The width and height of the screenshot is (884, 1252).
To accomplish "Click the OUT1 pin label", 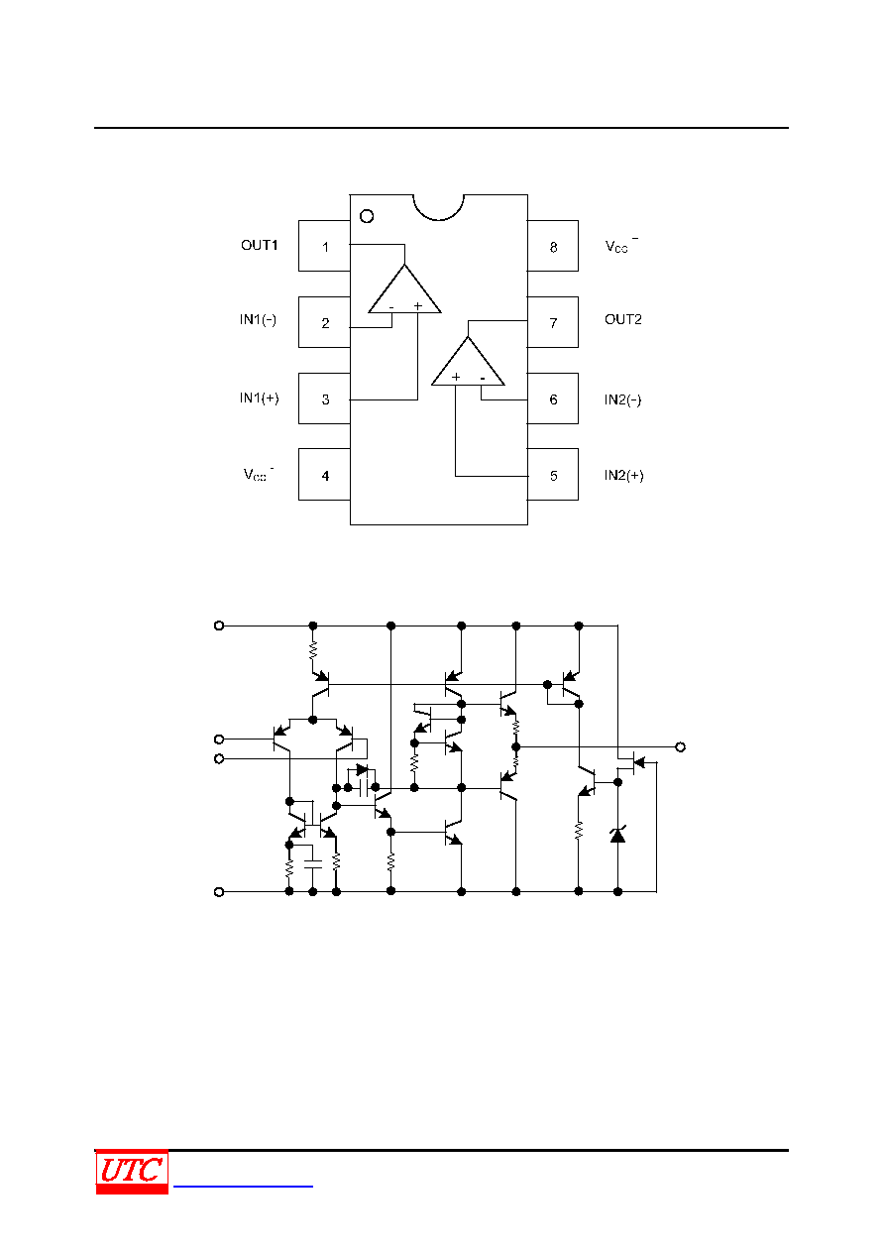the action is point(260,245).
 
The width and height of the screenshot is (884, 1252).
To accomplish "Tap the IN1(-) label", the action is point(258,320).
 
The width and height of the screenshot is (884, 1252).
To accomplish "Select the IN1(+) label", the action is point(260,398).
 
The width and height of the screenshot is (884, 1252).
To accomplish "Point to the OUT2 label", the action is point(623,319).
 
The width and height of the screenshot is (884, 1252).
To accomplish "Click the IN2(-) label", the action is point(622,399).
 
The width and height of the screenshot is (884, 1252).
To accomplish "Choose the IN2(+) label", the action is point(623,475).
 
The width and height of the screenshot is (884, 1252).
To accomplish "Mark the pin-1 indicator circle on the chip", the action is point(367,210).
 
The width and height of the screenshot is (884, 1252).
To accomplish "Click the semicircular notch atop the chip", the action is point(439,220).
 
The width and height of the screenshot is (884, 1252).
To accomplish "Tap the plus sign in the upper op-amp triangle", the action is point(418,305).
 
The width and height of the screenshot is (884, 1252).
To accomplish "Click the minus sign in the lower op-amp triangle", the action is point(483,379).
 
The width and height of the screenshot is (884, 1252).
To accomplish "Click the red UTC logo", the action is point(132,1172).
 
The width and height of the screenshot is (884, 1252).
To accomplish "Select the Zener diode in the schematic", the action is point(617,835).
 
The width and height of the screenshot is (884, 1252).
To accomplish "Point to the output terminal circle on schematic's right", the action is point(680,746).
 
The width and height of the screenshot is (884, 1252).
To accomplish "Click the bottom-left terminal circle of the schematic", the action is point(219,892).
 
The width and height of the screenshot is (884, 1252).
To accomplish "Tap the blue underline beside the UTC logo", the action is point(243,1186).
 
